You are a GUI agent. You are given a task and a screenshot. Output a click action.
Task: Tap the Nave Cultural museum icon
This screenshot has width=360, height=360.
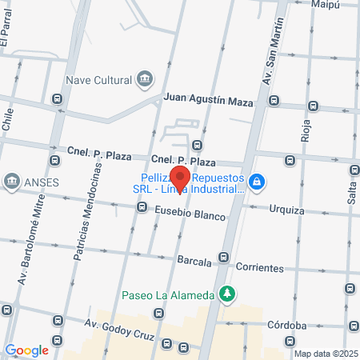coord(145,78)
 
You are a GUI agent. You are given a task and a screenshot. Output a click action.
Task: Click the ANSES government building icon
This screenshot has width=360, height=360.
coord(12,180)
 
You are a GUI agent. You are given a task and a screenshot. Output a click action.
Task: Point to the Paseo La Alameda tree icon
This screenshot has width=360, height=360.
coord(228,294)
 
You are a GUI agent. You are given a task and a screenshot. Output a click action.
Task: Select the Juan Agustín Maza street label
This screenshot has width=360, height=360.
coord(208,101)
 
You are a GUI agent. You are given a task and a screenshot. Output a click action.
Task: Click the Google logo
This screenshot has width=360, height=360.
coord(27,350)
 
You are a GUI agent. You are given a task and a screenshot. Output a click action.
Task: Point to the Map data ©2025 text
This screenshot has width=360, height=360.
coord(325,354)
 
